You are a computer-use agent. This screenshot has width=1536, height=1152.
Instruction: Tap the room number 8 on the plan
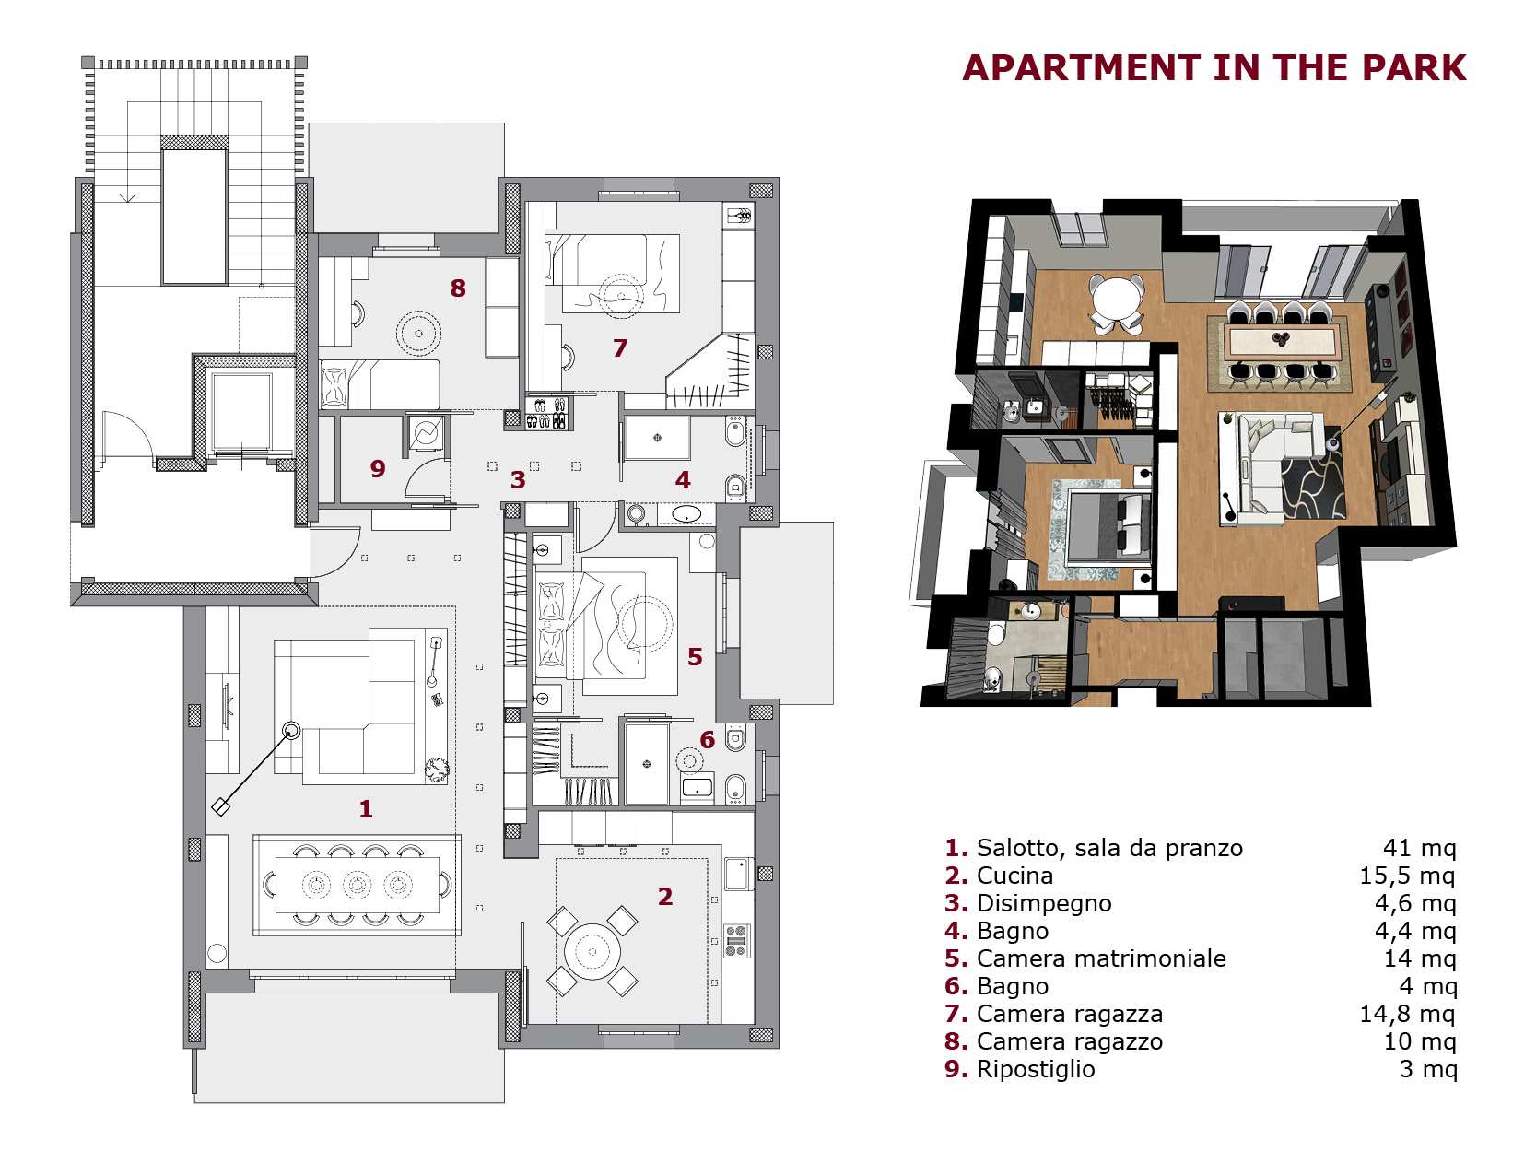click(458, 288)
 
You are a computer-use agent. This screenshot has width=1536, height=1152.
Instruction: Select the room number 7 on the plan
click(620, 347)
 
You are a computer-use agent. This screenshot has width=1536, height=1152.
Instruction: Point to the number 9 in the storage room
click(378, 468)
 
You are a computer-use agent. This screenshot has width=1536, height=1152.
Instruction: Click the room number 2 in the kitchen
click(664, 896)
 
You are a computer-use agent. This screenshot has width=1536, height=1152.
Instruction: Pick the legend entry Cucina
click(1014, 876)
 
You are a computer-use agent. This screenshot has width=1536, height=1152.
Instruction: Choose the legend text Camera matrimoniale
click(1101, 958)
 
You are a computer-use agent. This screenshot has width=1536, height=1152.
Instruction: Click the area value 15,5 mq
click(1407, 876)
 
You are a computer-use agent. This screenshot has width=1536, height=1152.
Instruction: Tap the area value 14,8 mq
click(1407, 1014)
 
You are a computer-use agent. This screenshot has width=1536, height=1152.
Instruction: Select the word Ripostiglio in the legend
click(1036, 1069)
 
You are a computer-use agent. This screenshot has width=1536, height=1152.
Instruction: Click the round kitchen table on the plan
click(592, 952)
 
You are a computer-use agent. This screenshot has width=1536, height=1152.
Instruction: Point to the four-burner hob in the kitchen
click(736, 941)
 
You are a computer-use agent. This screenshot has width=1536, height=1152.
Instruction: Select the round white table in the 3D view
click(1117, 299)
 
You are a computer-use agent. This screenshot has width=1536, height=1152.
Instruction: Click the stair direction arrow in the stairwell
click(127, 197)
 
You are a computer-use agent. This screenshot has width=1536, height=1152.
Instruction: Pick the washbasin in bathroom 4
click(686, 515)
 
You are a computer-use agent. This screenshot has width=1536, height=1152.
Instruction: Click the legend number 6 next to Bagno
click(956, 986)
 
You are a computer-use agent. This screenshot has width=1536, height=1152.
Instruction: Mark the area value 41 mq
click(1420, 848)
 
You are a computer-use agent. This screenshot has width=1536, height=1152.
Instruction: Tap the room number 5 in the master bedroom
click(694, 656)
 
